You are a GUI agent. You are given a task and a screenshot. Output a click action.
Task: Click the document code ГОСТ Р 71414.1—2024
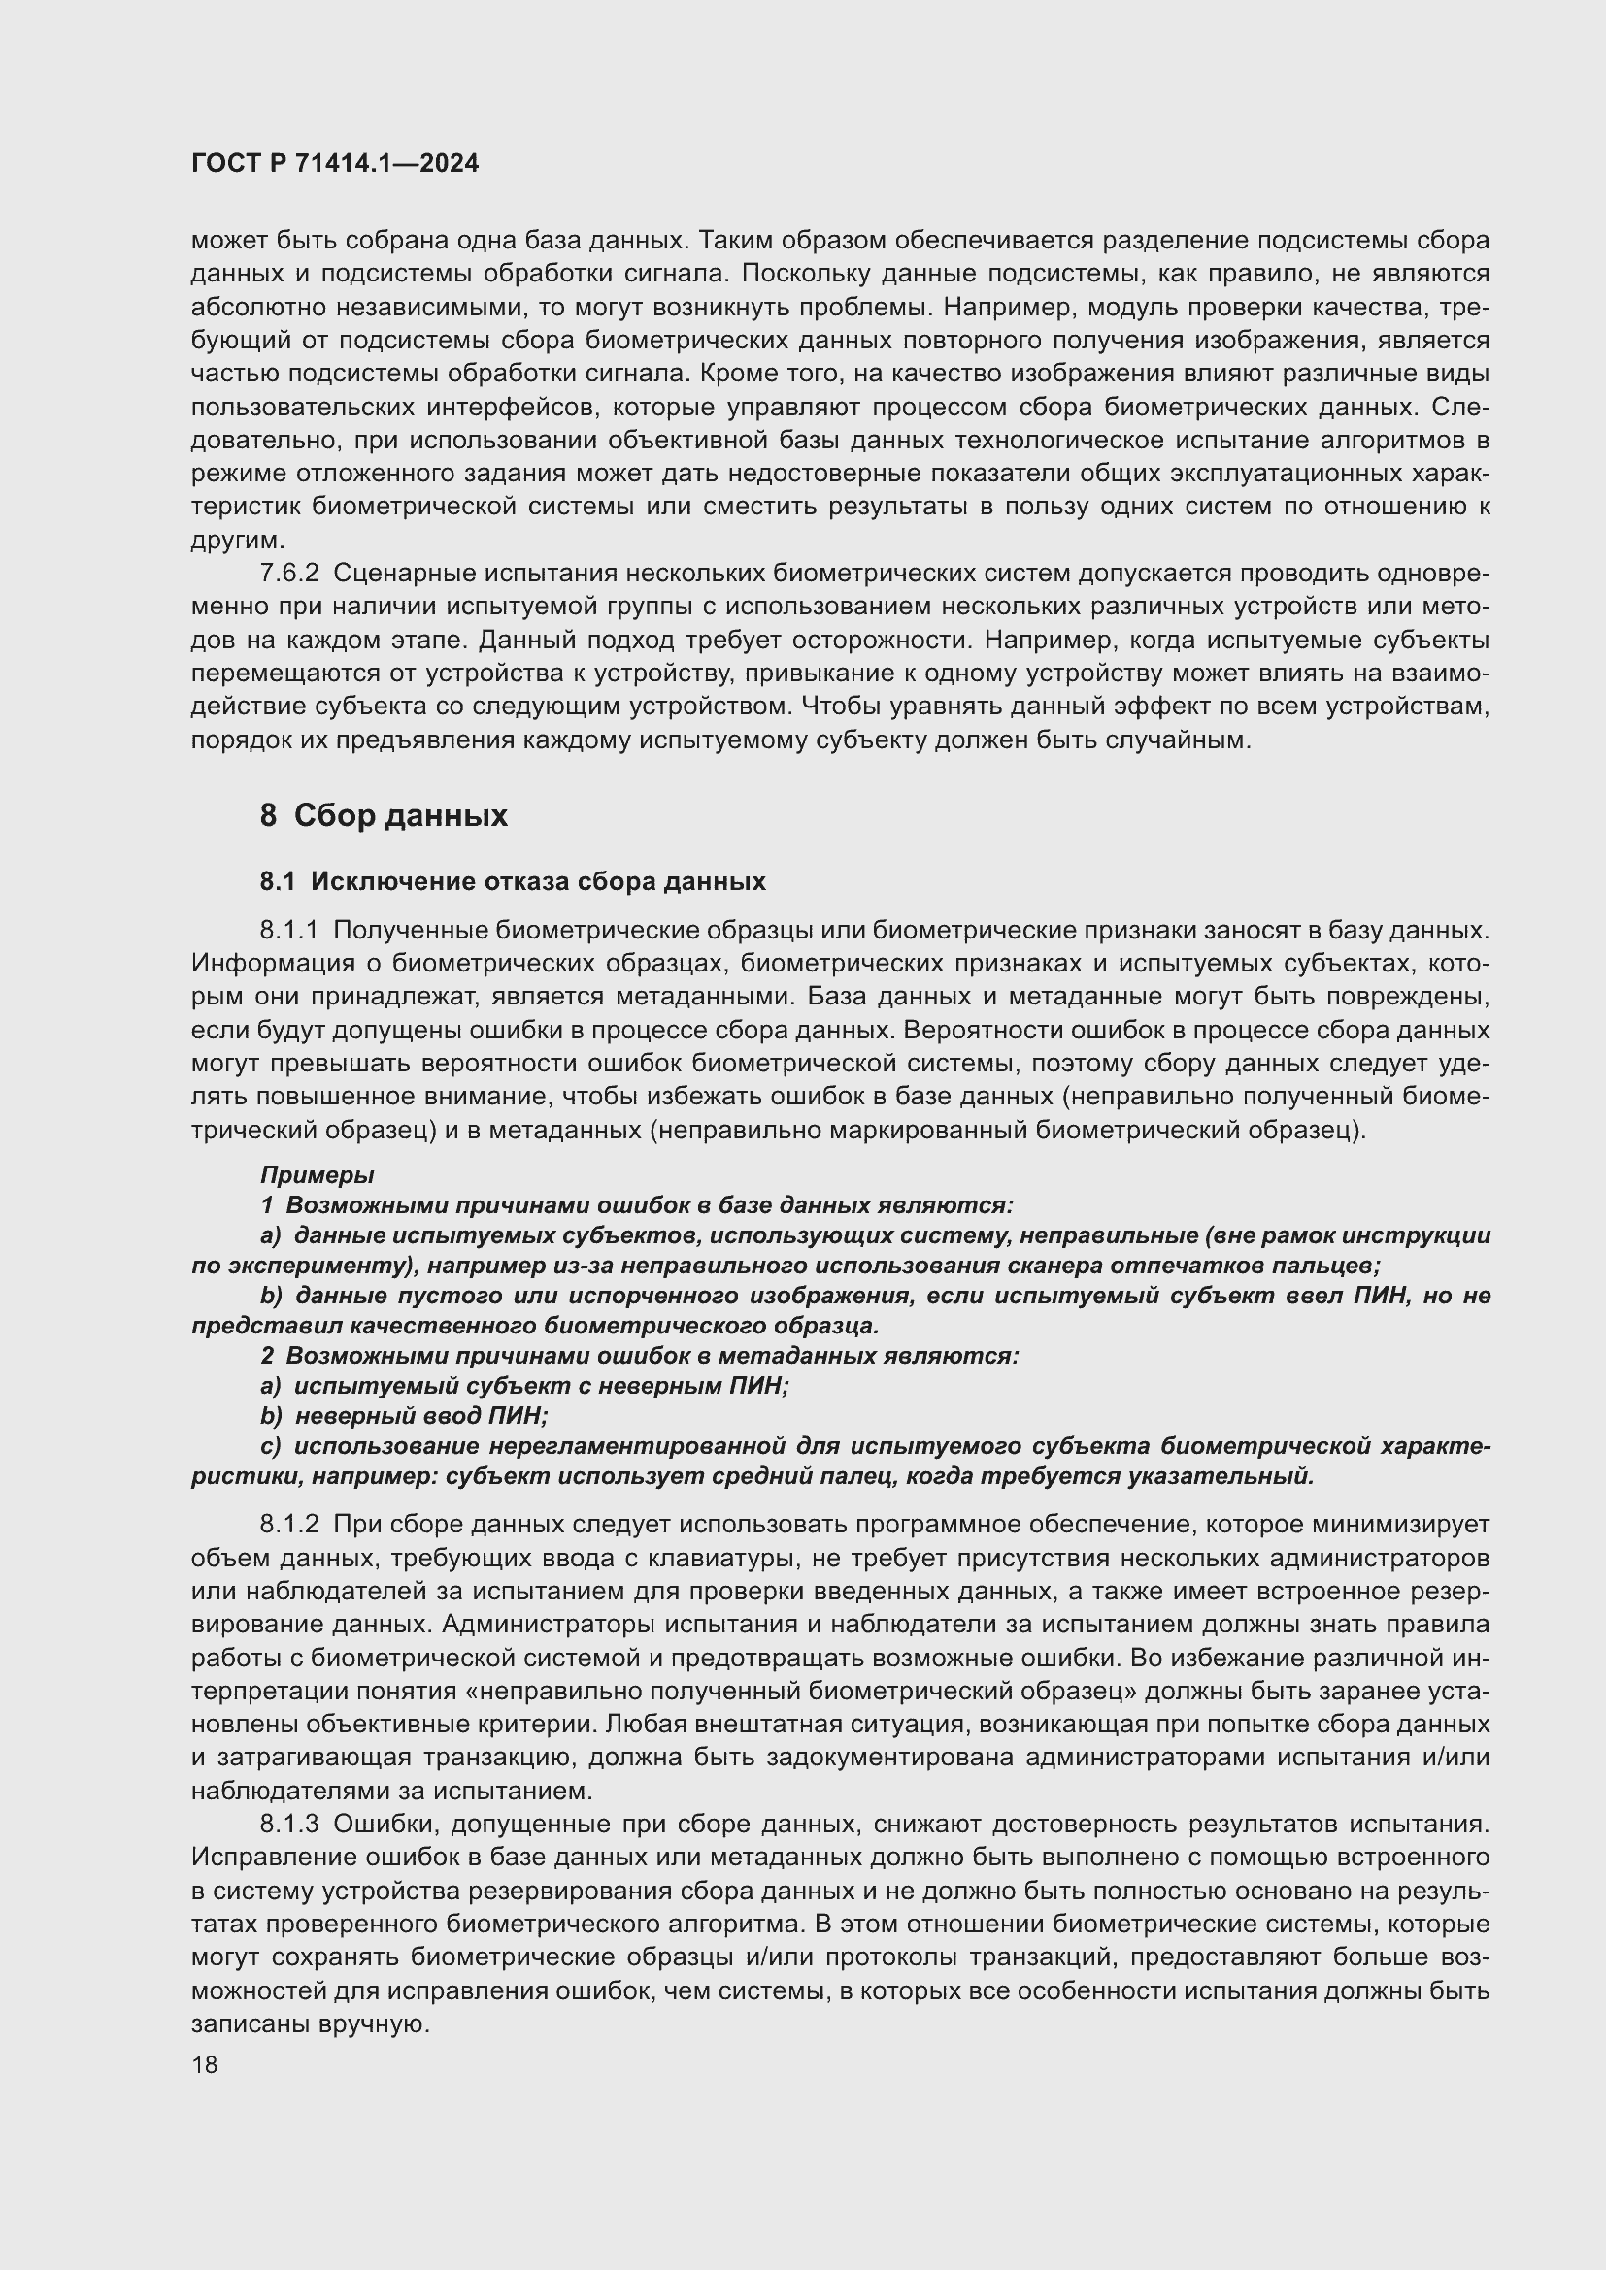pos(334,164)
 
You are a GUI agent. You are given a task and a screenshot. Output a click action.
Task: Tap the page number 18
pos(205,2064)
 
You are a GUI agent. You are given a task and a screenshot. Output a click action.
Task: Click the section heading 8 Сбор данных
pos(384,815)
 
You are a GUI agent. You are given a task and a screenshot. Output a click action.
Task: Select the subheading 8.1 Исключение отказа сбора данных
pos(513,881)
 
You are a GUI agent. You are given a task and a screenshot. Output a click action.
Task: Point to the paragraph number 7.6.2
pos(288,574)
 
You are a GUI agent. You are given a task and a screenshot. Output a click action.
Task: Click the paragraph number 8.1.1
pos(288,931)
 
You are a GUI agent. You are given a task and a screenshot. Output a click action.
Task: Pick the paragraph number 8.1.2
pos(288,1526)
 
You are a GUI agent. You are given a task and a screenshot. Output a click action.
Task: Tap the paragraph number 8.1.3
pos(288,1825)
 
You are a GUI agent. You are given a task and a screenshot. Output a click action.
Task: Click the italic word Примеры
pos(317,1174)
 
